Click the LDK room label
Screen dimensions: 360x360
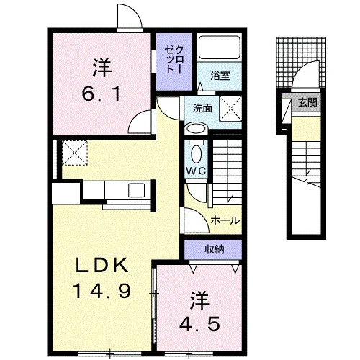pos(102,265)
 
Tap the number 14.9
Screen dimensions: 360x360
pos(103,290)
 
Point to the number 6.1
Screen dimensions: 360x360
pos(101,94)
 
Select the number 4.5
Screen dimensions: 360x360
pos(199,323)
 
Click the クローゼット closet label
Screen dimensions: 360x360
pos(174,60)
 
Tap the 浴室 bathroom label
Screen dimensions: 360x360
pos(220,76)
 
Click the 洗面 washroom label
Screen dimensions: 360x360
pos(202,108)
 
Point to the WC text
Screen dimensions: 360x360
pos(197,171)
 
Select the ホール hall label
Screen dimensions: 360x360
pos(225,220)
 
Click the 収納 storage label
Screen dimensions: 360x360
pos(215,250)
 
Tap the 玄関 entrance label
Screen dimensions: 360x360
pos(307,102)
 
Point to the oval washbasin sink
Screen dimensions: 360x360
pos(197,129)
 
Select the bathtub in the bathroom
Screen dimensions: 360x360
pos(220,48)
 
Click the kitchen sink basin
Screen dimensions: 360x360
pos(136,190)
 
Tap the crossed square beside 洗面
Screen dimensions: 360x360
pos(230,108)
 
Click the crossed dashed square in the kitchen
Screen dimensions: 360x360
pos(75,153)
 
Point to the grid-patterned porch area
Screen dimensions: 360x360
pos(301,63)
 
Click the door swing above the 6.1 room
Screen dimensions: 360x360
pos(130,17)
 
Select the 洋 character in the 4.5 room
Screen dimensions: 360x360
pos(199,300)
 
